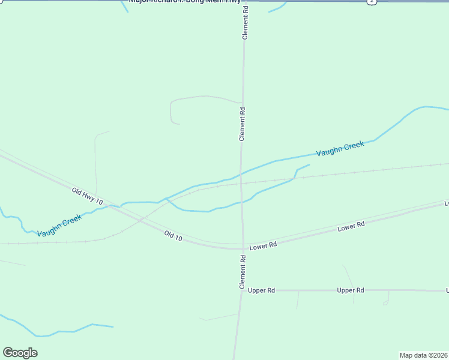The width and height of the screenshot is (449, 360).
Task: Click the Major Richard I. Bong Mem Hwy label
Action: point(184,2)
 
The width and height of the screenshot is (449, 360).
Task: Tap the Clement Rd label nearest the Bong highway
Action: point(245,24)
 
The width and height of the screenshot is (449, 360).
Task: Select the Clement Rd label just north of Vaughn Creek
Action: point(243,124)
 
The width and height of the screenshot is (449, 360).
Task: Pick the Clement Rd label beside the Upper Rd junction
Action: point(243,272)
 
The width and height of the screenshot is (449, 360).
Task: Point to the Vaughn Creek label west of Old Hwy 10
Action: point(59,226)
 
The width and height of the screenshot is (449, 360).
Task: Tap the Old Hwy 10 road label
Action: point(88,196)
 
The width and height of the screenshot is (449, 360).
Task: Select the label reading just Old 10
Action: point(173,235)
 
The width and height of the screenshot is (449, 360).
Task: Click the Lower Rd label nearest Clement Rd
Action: point(264,245)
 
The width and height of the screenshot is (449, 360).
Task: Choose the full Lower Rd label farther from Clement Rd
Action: point(351,227)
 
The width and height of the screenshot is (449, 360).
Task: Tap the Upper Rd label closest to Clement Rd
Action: point(261,290)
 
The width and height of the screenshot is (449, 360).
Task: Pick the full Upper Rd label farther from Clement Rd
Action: point(351,290)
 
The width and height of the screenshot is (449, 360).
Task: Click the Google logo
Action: point(20,353)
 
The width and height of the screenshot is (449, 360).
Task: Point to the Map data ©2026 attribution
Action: point(423,355)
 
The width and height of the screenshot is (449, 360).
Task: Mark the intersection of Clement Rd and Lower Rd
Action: point(243,247)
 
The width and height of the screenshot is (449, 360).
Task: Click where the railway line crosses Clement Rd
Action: point(241,183)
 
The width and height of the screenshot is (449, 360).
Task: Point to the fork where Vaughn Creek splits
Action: point(166,198)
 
